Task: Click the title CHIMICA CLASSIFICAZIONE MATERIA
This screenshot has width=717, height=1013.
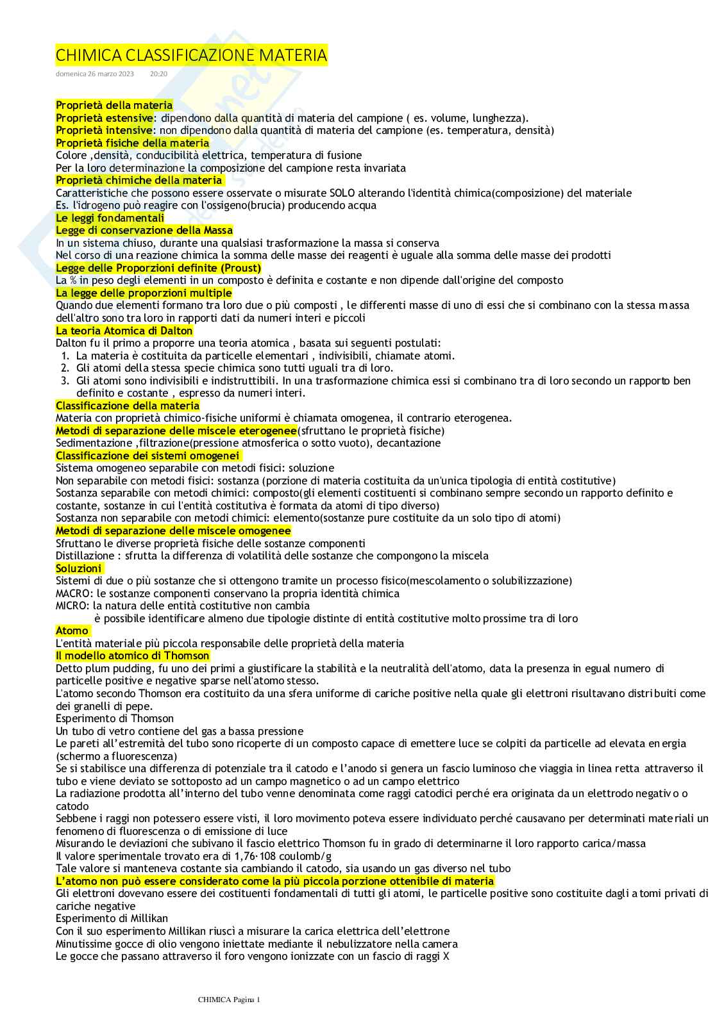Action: [191, 55]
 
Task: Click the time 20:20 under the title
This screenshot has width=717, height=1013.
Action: [158, 74]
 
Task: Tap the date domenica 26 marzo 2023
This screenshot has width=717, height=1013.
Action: [95, 74]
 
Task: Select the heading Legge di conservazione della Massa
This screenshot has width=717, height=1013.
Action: [144, 230]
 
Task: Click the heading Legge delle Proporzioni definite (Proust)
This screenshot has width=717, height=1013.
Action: [158, 268]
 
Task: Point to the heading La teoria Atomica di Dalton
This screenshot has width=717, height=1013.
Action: [124, 331]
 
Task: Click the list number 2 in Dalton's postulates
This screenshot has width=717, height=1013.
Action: [65, 368]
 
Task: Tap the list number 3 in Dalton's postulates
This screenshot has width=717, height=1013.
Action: [65, 381]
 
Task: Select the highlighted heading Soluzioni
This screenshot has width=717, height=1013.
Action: [79, 568]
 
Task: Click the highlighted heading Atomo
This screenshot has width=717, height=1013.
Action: [72, 630]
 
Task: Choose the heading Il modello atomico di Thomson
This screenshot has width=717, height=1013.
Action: [133, 655]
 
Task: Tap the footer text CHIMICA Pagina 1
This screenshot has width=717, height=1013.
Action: [229, 999]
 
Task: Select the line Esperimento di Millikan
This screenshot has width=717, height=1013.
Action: [112, 918]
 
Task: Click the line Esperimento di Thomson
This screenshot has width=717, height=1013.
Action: [115, 718]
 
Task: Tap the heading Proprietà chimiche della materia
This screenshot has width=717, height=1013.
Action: [139, 180]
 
